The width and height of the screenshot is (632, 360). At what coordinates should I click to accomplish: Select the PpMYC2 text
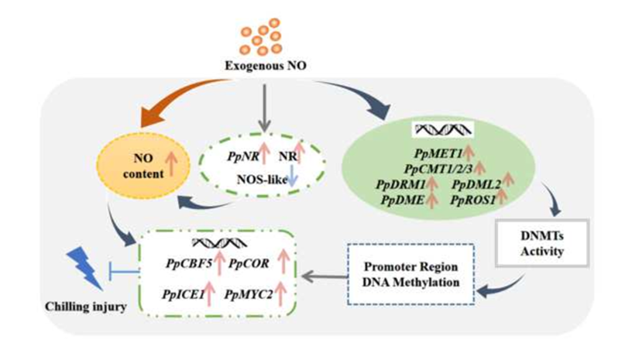[x=248, y=293]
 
